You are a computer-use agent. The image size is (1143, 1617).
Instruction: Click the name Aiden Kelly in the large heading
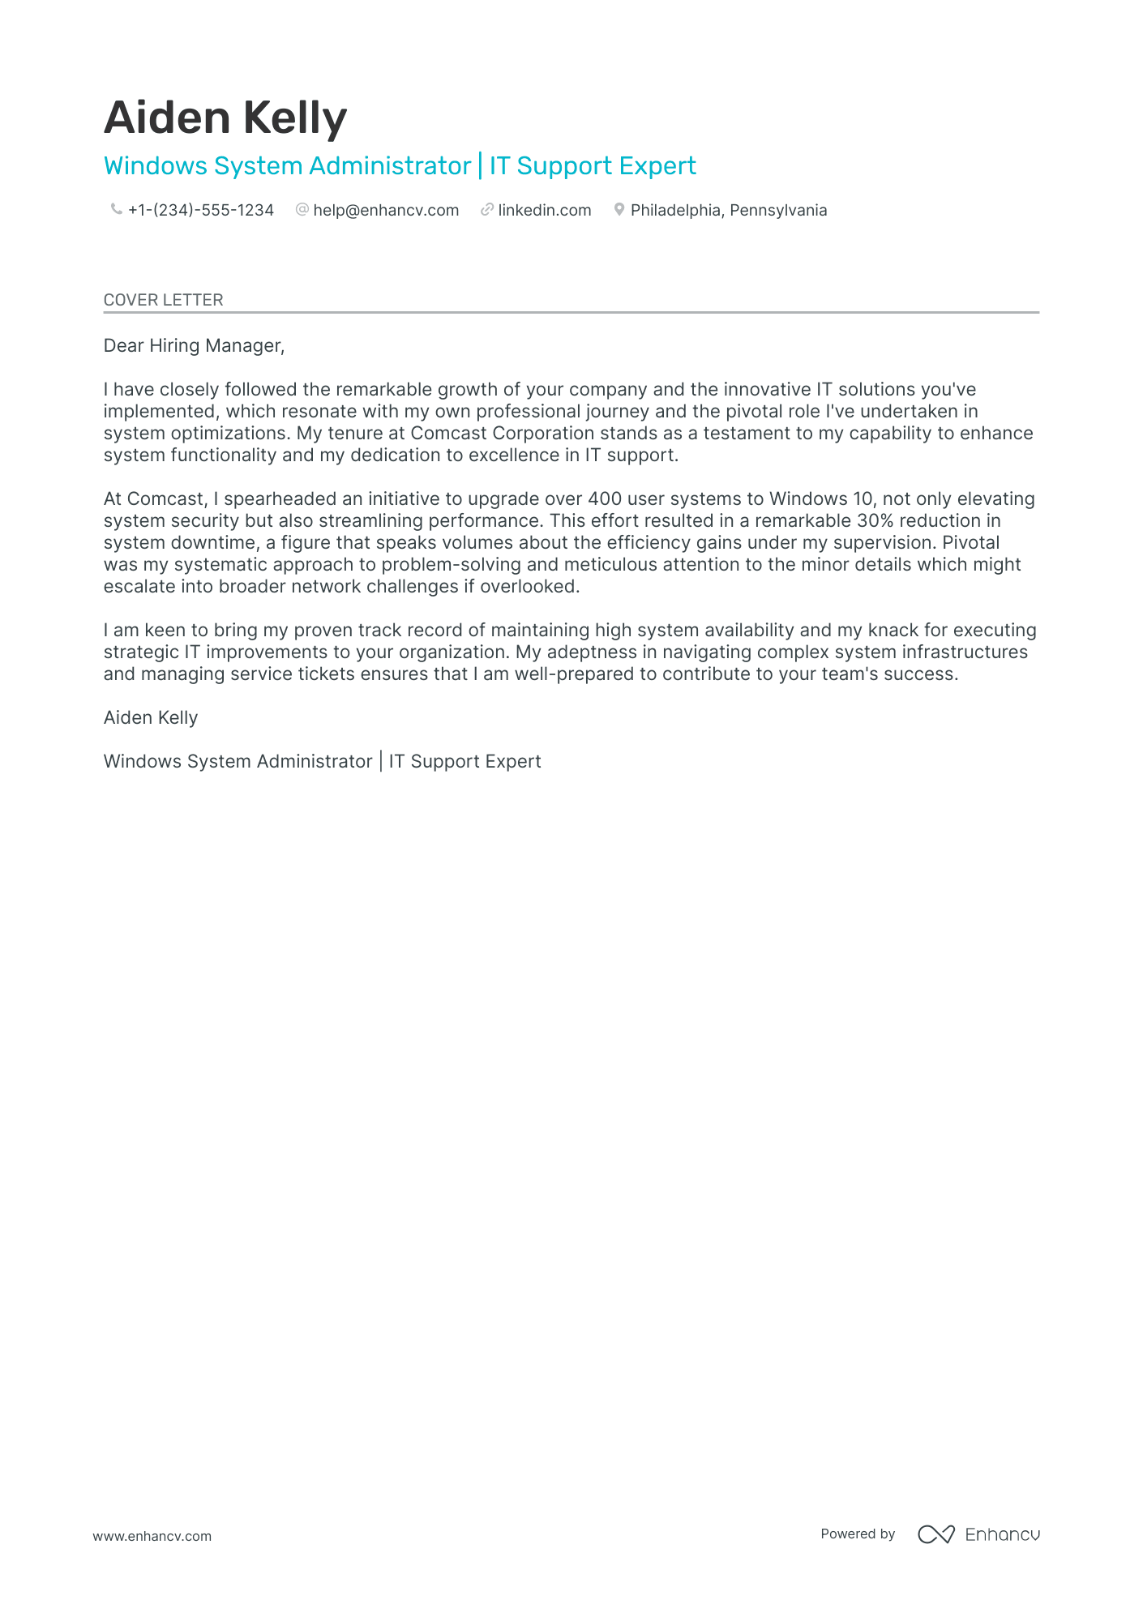click(225, 118)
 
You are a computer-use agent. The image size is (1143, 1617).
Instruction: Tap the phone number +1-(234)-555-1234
click(201, 211)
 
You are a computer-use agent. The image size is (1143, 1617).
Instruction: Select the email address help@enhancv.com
click(386, 211)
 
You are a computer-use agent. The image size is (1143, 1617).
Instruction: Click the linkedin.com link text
click(545, 211)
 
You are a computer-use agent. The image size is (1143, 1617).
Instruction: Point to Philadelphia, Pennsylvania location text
click(729, 211)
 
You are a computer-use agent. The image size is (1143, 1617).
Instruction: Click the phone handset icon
click(116, 210)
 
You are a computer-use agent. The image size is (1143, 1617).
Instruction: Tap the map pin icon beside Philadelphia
click(619, 210)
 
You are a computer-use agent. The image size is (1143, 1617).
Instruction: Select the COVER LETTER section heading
click(164, 300)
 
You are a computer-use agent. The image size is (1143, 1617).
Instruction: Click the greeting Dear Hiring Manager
click(194, 346)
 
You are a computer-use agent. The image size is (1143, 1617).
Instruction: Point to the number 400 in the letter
click(605, 499)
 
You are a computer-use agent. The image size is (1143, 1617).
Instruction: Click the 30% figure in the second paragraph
click(875, 521)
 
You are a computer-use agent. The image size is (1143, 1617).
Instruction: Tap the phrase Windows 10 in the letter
click(820, 499)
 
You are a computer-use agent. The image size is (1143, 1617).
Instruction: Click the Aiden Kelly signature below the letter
click(151, 718)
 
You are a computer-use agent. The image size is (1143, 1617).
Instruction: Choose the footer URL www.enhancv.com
click(152, 1536)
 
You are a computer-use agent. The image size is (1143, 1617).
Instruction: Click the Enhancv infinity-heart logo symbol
click(935, 1534)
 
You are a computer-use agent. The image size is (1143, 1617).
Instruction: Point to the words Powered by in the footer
click(858, 1534)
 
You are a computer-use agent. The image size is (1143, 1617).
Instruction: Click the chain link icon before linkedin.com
click(487, 210)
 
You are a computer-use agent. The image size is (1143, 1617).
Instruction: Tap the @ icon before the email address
click(302, 210)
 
